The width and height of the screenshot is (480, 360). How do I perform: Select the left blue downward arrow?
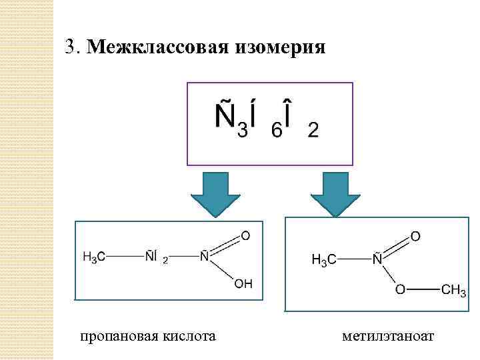[215, 193]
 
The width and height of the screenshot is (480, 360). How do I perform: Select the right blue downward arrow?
[335, 193]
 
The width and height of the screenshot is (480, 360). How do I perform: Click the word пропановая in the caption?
[118, 336]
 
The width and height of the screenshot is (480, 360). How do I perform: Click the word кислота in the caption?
[189, 336]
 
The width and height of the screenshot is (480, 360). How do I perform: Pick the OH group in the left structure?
[243, 284]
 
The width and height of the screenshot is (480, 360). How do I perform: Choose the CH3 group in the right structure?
[454, 291]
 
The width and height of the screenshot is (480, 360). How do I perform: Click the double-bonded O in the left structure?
[245, 235]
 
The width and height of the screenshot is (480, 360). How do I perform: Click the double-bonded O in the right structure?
[415, 237]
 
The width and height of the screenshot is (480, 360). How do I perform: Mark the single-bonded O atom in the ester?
[399, 290]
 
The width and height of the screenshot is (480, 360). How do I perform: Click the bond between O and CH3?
[423, 290]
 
